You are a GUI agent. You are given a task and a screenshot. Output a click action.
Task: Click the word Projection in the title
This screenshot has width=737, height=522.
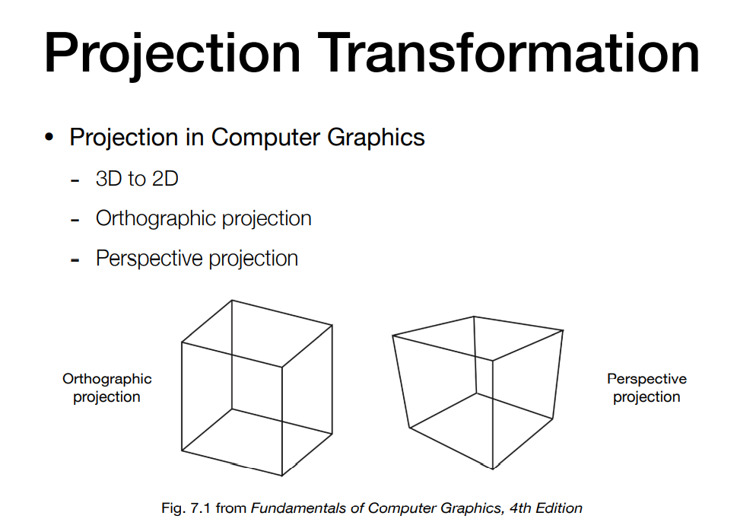[172, 54]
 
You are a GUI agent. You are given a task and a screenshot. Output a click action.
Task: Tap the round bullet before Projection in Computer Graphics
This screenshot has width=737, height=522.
[49, 137]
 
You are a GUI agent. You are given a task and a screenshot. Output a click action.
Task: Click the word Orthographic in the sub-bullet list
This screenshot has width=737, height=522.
[155, 219]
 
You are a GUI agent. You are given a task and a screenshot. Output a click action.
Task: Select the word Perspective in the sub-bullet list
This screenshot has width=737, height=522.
[149, 259]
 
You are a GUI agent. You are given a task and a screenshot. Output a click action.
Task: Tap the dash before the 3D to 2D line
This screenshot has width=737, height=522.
[75, 180]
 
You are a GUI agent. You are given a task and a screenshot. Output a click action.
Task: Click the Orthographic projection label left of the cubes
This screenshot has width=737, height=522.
[107, 387]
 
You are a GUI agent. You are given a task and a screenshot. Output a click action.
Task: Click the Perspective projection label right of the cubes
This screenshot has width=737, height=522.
[646, 387]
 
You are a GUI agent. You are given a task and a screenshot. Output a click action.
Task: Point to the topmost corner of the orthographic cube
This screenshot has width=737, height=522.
[232, 300]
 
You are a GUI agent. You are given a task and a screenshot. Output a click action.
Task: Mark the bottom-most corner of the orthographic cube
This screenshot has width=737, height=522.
[282, 476]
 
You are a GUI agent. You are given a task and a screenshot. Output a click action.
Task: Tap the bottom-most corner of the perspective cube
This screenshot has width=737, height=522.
[493, 469]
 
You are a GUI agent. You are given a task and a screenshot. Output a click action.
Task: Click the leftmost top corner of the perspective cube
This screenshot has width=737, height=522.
[392, 336]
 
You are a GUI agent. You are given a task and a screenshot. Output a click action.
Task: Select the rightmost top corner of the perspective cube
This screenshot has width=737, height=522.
[563, 330]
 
